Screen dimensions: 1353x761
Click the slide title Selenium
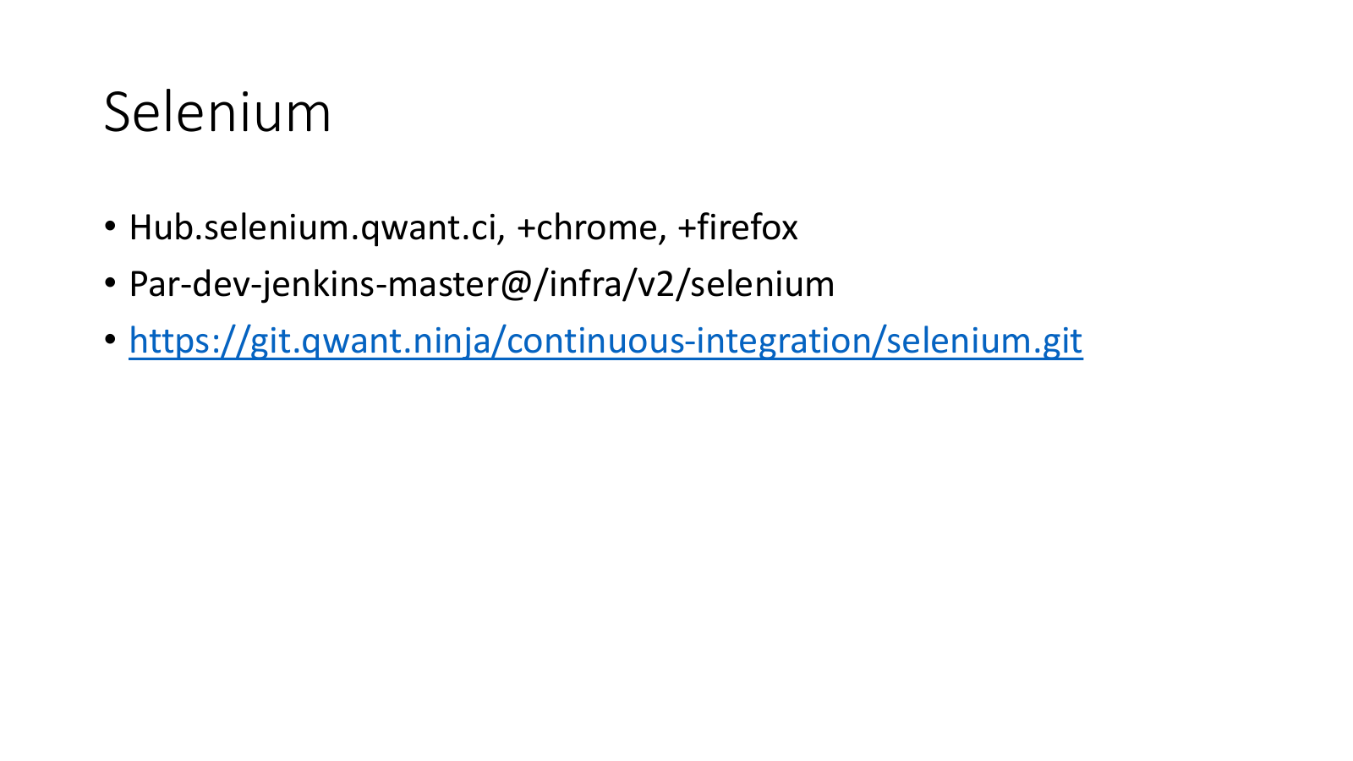pos(217,112)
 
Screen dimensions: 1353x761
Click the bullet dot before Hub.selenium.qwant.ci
pos(110,227)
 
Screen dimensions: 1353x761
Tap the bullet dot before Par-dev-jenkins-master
pos(110,282)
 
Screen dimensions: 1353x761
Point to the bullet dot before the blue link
pos(110,339)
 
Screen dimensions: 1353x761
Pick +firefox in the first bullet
pos(737,227)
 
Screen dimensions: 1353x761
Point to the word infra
pos(586,283)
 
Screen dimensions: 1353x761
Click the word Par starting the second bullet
pos(156,284)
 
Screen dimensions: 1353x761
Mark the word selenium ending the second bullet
pos(762,283)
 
